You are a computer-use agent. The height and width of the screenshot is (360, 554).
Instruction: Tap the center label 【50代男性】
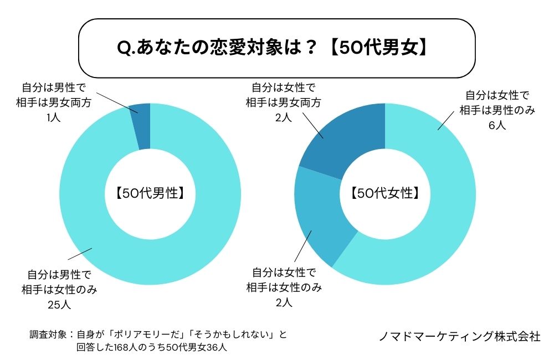[150, 194]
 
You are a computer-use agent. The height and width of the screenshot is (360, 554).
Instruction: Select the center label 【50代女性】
[384, 194]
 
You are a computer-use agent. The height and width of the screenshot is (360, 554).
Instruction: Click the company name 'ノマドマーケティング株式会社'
[460, 336]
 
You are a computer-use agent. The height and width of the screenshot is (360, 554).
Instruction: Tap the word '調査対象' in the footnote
[48, 335]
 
